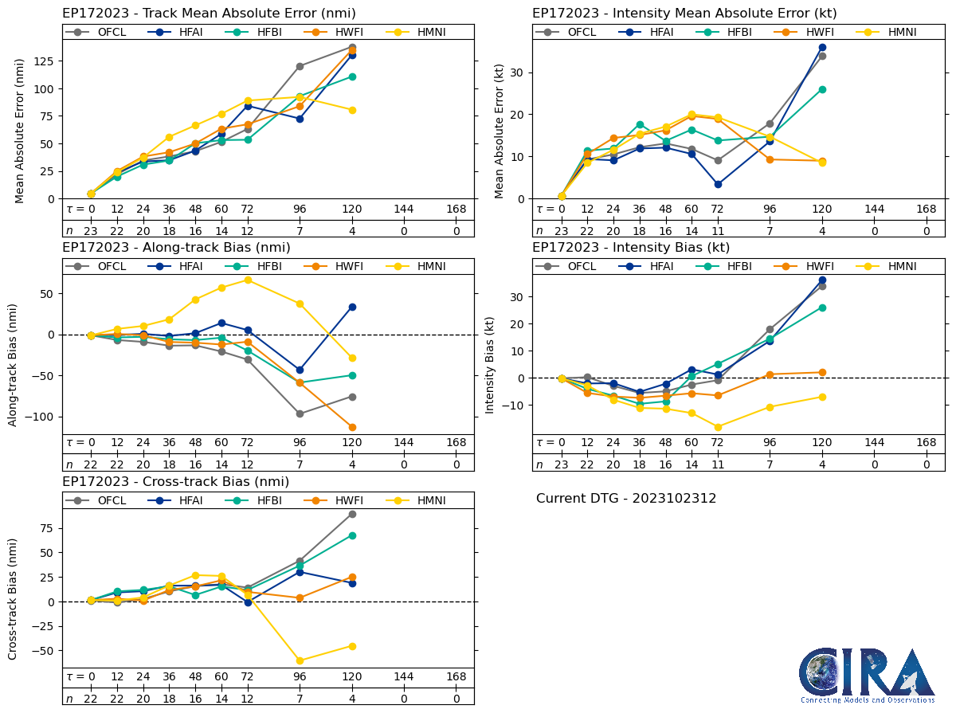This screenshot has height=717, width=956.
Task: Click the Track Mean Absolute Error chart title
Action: click(209, 14)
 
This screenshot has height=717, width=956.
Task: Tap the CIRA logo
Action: click(868, 676)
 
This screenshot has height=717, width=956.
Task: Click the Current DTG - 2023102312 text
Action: click(626, 499)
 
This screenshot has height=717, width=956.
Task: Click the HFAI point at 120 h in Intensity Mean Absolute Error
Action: click(822, 47)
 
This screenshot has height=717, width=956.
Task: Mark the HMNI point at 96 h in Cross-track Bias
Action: click(300, 660)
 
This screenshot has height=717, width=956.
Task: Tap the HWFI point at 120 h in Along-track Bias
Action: click(352, 427)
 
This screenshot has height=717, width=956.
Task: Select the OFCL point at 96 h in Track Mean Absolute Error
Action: click(300, 66)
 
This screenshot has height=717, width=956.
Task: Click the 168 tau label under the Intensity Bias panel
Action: click(927, 443)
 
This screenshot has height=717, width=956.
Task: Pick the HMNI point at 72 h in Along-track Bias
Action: click(248, 280)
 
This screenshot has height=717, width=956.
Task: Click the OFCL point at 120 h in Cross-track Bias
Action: click(352, 514)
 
